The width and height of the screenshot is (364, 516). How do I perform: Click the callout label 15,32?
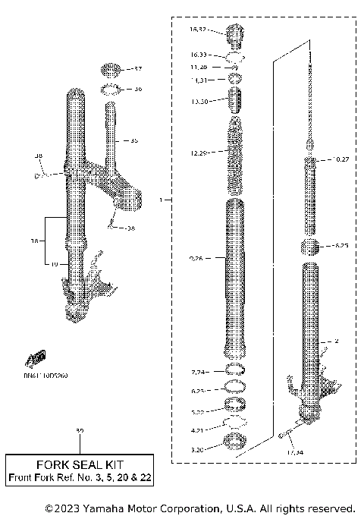(x=197, y=30)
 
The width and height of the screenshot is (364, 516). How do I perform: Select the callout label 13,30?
(x=199, y=102)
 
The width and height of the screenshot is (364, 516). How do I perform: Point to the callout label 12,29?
(x=199, y=153)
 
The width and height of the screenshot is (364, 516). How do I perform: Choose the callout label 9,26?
(x=197, y=260)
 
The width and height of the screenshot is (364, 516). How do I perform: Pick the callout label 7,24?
(x=198, y=372)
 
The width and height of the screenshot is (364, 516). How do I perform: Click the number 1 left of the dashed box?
(x=161, y=200)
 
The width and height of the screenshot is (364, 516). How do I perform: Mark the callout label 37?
(x=137, y=69)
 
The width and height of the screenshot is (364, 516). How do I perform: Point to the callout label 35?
(x=133, y=141)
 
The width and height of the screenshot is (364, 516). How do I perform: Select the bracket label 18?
(x=33, y=241)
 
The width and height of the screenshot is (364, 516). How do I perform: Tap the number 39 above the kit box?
(x=80, y=432)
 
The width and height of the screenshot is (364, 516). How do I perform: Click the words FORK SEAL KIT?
(x=80, y=464)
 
